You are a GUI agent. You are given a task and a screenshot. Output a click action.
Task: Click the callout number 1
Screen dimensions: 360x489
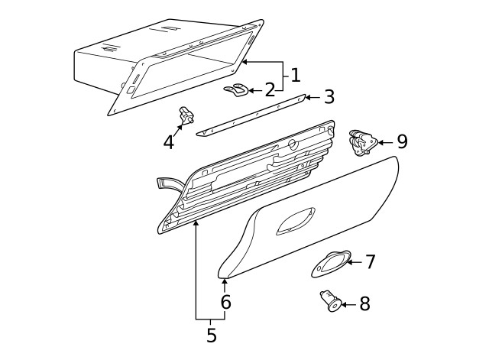click(x=295, y=75)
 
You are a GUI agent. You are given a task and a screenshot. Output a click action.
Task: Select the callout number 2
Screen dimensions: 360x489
click(x=269, y=90)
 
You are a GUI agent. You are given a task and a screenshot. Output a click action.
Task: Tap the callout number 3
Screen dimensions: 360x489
click(x=329, y=97)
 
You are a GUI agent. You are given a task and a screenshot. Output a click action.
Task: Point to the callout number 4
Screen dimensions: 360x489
click(x=169, y=141)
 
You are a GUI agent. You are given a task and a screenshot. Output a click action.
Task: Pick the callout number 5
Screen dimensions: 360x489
click(x=211, y=335)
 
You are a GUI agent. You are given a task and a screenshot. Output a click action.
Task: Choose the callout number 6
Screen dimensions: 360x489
click(x=225, y=302)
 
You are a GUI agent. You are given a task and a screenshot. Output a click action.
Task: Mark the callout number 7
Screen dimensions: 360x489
click(x=370, y=262)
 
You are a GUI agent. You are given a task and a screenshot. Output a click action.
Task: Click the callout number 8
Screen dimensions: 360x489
click(x=364, y=304)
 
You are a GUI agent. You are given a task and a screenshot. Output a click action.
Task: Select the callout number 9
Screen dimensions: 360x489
click(x=401, y=141)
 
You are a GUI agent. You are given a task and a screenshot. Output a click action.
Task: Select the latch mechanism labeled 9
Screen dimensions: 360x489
click(x=361, y=142)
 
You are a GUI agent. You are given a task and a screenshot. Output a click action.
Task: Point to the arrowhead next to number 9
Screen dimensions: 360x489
click(x=382, y=142)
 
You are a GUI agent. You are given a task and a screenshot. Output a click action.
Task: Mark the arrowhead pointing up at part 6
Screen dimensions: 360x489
click(x=225, y=283)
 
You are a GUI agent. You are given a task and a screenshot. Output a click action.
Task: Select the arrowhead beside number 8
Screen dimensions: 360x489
click(x=345, y=304)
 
